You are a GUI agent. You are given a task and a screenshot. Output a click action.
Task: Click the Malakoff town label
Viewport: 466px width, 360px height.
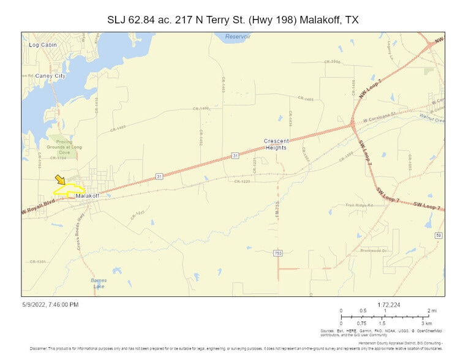[88, 195]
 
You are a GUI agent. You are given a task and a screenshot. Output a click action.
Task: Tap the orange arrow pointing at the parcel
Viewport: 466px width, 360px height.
[60, 180]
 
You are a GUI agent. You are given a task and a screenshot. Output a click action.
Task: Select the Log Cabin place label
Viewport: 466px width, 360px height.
[42, 45]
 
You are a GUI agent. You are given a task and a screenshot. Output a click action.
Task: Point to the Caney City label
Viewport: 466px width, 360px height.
[50, 76]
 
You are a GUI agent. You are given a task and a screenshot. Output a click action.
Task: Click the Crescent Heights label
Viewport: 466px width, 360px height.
[276, 144]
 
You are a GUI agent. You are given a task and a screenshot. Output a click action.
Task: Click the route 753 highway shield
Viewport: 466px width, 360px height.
[278, 253]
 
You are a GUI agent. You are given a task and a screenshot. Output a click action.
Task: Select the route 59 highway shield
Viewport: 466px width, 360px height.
[438, 235]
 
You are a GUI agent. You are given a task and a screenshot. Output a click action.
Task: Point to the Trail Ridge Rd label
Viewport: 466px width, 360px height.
[359, 205]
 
